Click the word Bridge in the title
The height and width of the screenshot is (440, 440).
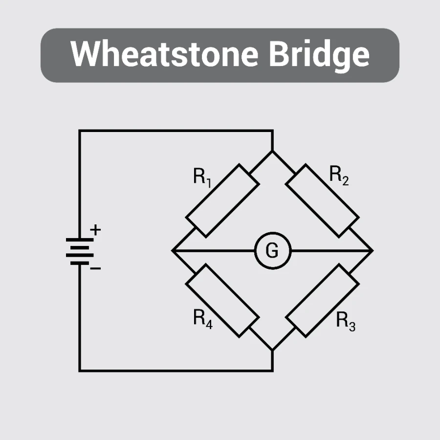tap(319, 55)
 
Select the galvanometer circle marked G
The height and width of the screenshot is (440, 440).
tap(272, 250)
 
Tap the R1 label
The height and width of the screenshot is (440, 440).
tap(202, 176)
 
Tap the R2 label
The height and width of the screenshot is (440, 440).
tap(339, 175)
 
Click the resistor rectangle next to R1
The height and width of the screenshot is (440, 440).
tap(222, 201)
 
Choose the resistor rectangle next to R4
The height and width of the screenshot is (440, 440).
tap(222, 300)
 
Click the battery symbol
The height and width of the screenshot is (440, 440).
tap(80, 251)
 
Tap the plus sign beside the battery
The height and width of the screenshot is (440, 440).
tap(96, 230)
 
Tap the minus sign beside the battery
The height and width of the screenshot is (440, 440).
tap(96, 268)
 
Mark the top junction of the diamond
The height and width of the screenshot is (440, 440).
tap(272, 152)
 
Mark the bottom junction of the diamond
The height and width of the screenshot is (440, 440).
tap(272, 350)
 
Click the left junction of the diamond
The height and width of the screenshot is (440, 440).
tap(173, 250)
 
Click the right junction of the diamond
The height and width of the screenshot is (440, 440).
tap(373, 250)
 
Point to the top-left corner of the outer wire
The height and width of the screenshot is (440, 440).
tap(80, 131)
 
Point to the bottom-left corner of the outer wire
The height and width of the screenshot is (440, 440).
tap(80, 371)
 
